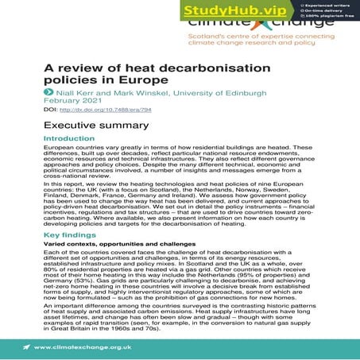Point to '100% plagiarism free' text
click(323, 17)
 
